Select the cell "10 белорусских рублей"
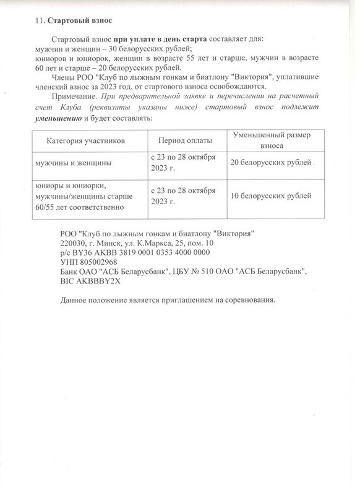point(270,196)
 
